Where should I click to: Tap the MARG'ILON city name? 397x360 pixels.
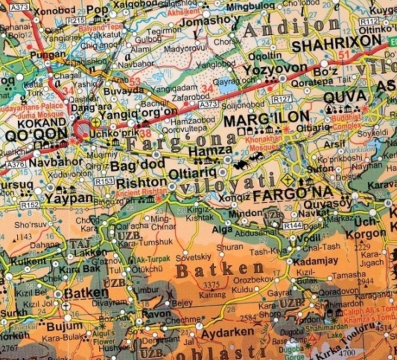tap(267, 119)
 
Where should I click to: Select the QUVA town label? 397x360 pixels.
tap(345, 97)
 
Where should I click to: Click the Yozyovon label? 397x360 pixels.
tap(276, 69)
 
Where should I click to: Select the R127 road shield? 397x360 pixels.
tap(281, 100)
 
